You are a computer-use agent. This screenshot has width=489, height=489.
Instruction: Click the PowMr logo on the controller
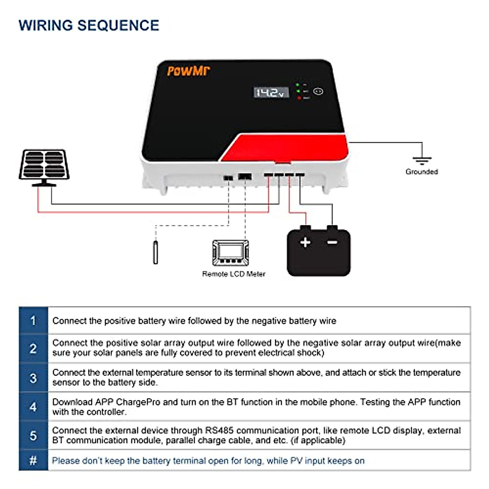coord(188,71)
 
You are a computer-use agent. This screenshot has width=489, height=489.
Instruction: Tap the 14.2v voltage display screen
coord(271,93)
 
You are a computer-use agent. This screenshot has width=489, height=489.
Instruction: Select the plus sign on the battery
coord(305,242)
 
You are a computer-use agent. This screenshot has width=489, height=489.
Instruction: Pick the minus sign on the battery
coord(333,242)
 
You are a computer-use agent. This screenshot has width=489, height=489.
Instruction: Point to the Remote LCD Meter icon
coord(231,253)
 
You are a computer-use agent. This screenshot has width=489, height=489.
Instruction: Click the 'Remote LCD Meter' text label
coord(233,274)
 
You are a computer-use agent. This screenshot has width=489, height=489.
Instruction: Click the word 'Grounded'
coord(422,172)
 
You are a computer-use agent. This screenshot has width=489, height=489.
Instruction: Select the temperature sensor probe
coord(155,253)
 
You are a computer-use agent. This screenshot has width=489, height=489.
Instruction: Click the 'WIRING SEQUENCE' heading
coord(89,25)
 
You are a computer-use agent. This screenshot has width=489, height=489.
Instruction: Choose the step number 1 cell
coord(33,321)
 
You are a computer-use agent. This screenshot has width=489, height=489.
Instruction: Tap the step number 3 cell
coord(33,378)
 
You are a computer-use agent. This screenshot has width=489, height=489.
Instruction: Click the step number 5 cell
coord(33,436)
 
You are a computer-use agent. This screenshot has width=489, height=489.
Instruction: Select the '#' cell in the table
coord(33,461)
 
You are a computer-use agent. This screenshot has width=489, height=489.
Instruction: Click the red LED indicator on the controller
coord(299,98)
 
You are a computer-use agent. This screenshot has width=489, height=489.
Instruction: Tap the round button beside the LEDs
coord(318,92)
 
